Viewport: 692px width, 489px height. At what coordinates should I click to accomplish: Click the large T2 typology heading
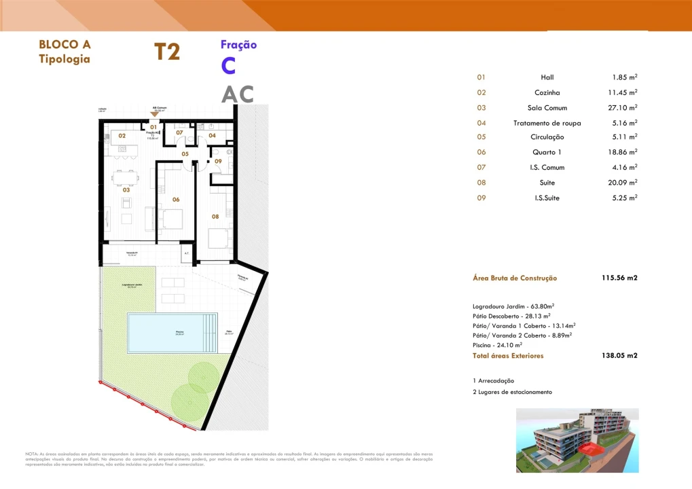click(167, 52)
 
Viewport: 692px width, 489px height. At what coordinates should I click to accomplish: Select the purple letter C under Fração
click(229, 67)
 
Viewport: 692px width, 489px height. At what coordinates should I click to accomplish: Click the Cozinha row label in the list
click(547, 92)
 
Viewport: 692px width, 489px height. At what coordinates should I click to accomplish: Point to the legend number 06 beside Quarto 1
click(481, 152)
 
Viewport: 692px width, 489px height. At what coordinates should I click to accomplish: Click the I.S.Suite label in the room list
click(547, 198)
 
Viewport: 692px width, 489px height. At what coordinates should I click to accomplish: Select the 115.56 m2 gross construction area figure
click(619, 278)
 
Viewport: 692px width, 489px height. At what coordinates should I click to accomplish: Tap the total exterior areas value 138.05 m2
click(619, 355)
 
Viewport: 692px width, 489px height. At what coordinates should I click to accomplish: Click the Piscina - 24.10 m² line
click(498, 345)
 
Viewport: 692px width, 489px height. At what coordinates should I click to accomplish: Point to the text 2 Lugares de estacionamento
click(512, 392)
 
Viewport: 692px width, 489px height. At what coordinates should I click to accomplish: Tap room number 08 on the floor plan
click(215, 217)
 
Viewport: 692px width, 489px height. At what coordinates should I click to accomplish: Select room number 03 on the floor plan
click(126, 190)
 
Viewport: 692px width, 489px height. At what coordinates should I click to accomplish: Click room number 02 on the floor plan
click(122, 136)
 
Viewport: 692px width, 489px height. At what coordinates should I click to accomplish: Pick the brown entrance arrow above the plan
click(155, 115)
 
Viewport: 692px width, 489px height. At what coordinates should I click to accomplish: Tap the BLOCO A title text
click(65, 45)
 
